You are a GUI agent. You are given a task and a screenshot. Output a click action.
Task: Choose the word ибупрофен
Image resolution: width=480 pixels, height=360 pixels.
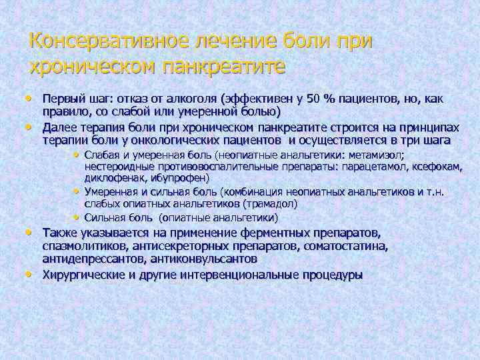[x=179, y=178]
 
